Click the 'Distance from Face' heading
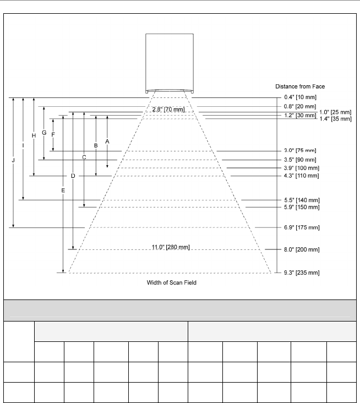click(301, 86)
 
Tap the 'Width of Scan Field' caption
click(171, 282)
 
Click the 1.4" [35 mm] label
click(336, 118)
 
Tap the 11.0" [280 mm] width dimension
click(171, 247)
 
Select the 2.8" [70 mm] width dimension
click(168, 110)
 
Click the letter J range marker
click(13, 161)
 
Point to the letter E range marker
click(63, 190)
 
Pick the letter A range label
click(107, 141)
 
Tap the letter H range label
click(34, 135)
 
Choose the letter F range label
click(53, 134)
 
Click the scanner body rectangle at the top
click(170, 62)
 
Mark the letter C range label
click(84, 157)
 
